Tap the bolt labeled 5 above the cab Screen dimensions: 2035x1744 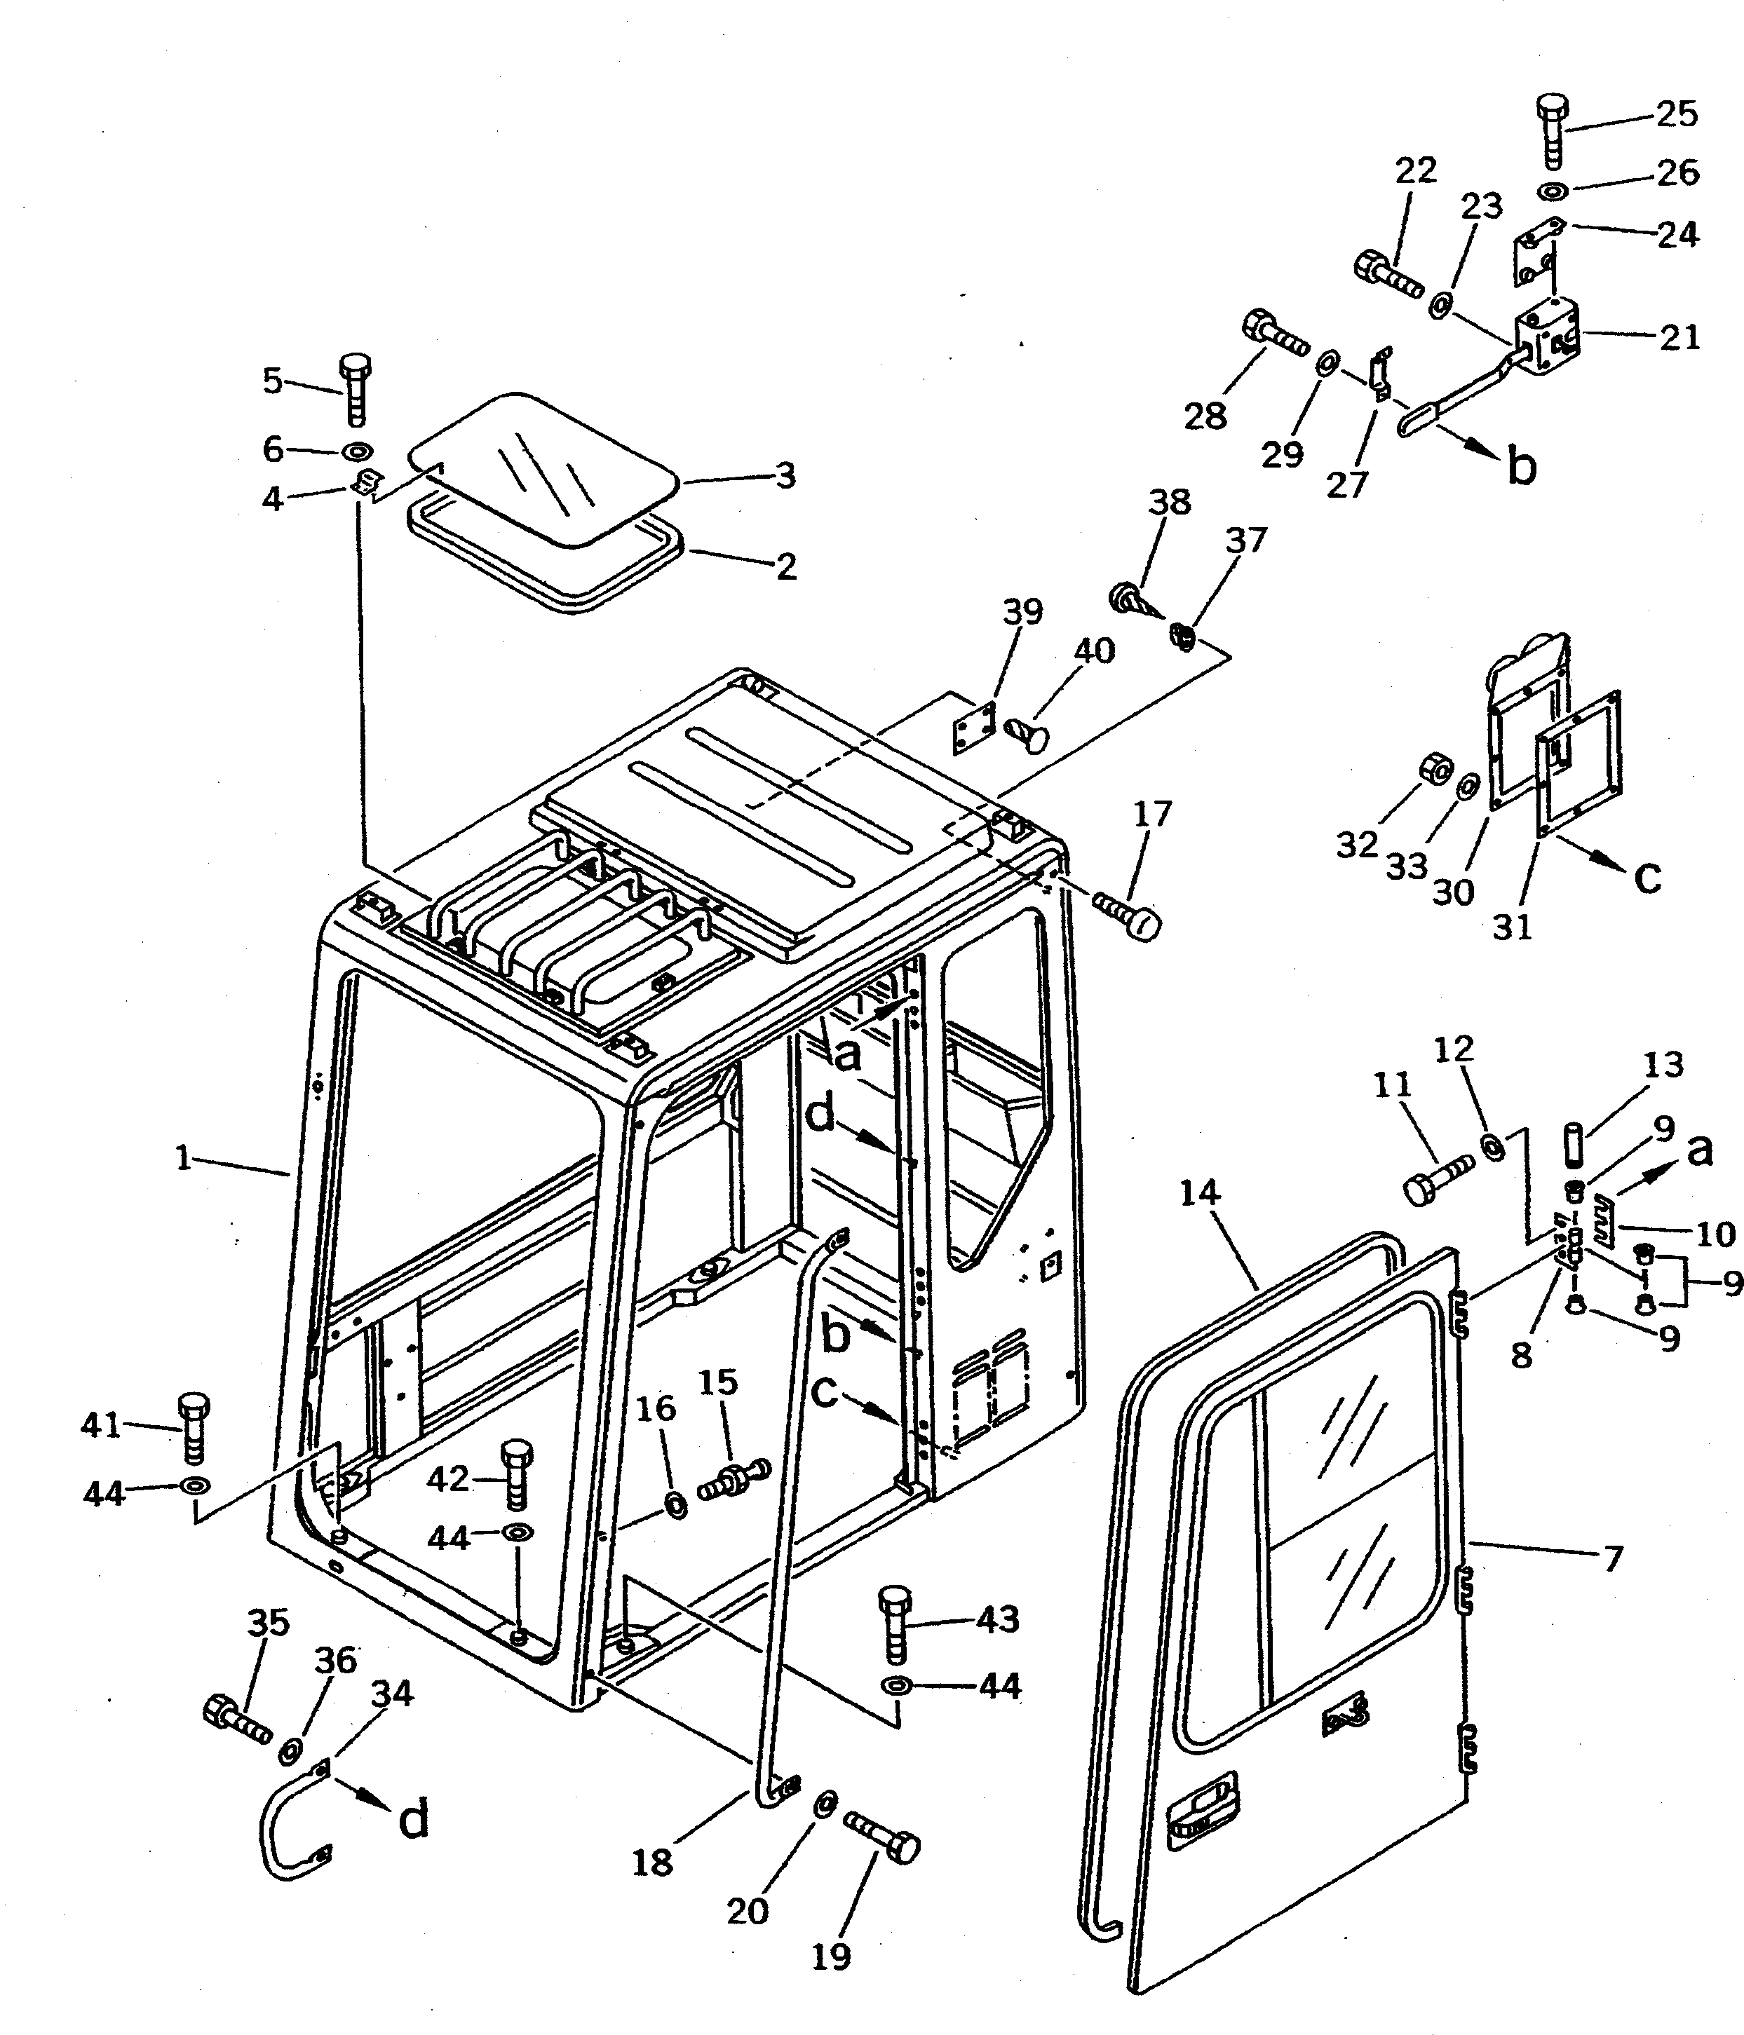point(355,390)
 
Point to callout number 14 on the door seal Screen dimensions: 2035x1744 point(1198,1192)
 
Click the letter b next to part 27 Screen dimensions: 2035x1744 point(1521,468)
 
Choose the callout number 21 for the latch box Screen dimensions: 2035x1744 point(1679,337)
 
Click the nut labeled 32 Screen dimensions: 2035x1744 point(1435,771)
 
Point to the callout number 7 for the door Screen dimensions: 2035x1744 point(1612,1558)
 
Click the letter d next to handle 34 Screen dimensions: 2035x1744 point(414,1820)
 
